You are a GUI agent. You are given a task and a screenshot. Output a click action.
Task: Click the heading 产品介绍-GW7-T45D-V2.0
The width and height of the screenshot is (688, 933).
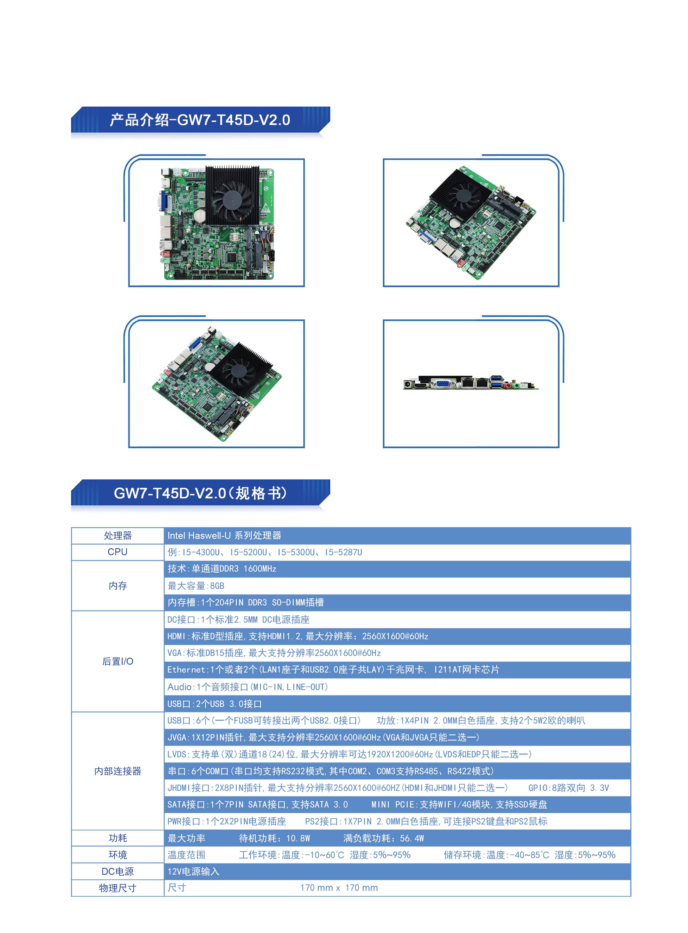pyautogui.click(x=200, y=120)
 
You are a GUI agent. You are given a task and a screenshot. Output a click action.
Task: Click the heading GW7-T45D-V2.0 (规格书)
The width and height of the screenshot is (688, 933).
pyautogui.click(x=200, y=493)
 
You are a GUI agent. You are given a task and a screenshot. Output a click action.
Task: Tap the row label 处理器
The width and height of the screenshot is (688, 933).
pyautogui.click(x=118, y=536)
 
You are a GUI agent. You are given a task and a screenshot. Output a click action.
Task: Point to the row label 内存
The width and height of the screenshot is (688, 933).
pyautogui.click(x=118, y=586)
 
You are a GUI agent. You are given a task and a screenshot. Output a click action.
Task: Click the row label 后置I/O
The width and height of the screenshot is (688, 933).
pyautogui.click(x=118, y=661)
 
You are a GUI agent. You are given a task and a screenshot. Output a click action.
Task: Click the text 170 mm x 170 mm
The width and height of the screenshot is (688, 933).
pyautogui.click(x=339, y=888)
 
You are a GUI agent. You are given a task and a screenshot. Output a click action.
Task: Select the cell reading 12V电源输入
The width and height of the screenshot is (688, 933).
pyautogui.click(x=193, y=871)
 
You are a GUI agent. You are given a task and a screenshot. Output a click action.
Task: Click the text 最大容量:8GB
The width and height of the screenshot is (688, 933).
pyautogui.click(x=196, y=586)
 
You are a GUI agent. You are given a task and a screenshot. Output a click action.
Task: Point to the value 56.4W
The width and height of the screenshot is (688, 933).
pyautogui.click(x=412, y=838)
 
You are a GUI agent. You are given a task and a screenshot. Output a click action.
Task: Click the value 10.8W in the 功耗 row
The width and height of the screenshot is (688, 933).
pyautogui.click(x=298, y=838)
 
